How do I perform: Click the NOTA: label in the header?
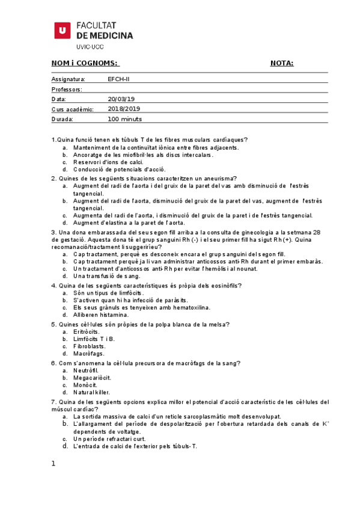pos(282,64)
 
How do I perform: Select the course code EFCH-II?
pos(118,79)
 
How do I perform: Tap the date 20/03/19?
pos(121,99)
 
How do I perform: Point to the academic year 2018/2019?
pos(124,109)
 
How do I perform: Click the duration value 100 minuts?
pos(124,119)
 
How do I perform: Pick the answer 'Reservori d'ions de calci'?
pos(108,162)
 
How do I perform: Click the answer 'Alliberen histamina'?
pos(100,315)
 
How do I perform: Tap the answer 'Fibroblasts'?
pos(89,346)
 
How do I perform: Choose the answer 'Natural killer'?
pos(91,392)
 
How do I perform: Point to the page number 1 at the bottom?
pos(53,464)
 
